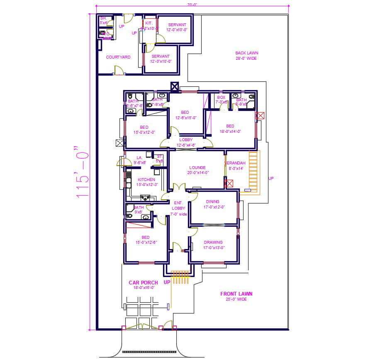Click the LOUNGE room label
point(197,168)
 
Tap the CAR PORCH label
point(143,283)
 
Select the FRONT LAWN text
point(236,294)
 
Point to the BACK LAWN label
point(246,53)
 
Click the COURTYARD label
point(118,57)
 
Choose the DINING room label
point(212,202)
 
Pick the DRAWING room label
point(213,242)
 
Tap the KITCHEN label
point(146,180)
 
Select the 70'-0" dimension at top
point(192,5)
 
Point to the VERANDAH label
point(236,163)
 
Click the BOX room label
point(221,98)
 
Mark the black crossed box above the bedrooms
point(175,86)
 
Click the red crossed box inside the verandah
point(229,183)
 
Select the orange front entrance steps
point(181,277)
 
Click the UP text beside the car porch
point(167,282)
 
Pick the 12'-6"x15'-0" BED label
point(185,113)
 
